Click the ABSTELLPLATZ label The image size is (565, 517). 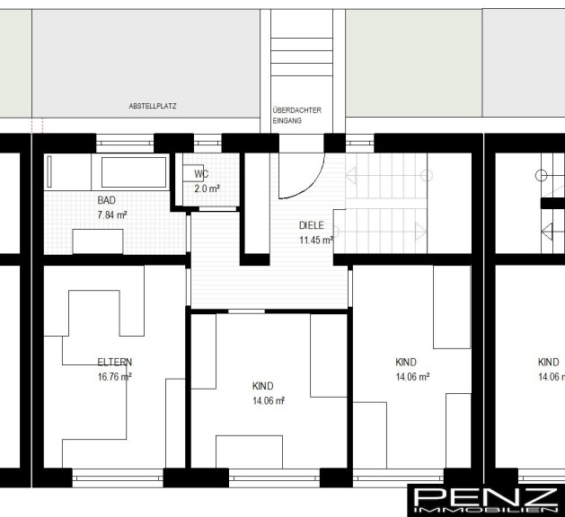153,106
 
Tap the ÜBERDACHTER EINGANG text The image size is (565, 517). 297,115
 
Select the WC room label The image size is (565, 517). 201,174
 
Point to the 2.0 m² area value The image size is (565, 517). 207,188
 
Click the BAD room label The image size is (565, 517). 107,200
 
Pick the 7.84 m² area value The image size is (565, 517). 112,215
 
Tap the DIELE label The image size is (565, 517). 312,225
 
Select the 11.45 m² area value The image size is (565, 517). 316,240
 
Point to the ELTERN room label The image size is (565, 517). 115,362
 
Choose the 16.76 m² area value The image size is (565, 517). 115,377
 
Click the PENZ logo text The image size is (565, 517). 485,497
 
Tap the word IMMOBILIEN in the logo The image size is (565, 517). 485,510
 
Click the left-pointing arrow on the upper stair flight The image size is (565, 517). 351,175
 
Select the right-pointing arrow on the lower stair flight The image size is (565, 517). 421,232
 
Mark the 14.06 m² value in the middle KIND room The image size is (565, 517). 269,400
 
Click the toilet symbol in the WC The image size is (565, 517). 192,173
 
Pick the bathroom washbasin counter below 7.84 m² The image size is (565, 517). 98,241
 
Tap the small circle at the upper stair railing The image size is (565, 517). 427,176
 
